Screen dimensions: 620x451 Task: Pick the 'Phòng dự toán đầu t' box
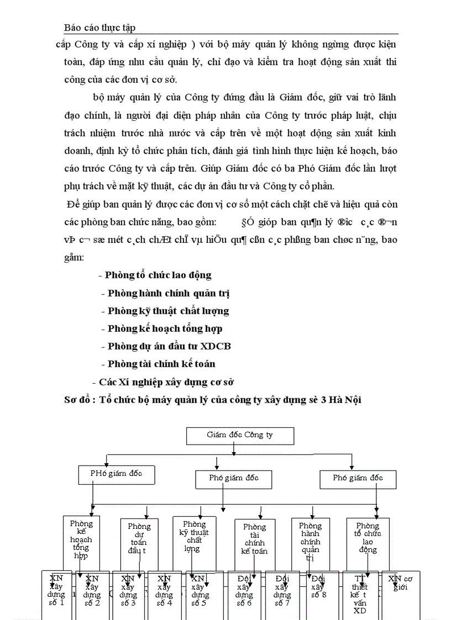(139, 539)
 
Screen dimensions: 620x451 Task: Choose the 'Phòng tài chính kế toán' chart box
(254, 539)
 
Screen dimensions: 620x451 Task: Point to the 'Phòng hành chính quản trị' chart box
(310, 539)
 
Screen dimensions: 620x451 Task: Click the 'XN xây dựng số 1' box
(56, 594)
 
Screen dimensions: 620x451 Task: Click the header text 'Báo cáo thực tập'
(100, 27)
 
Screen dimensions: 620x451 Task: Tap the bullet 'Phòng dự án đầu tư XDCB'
(169, 346)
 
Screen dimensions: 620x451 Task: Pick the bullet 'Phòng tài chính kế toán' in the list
(161, 364)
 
